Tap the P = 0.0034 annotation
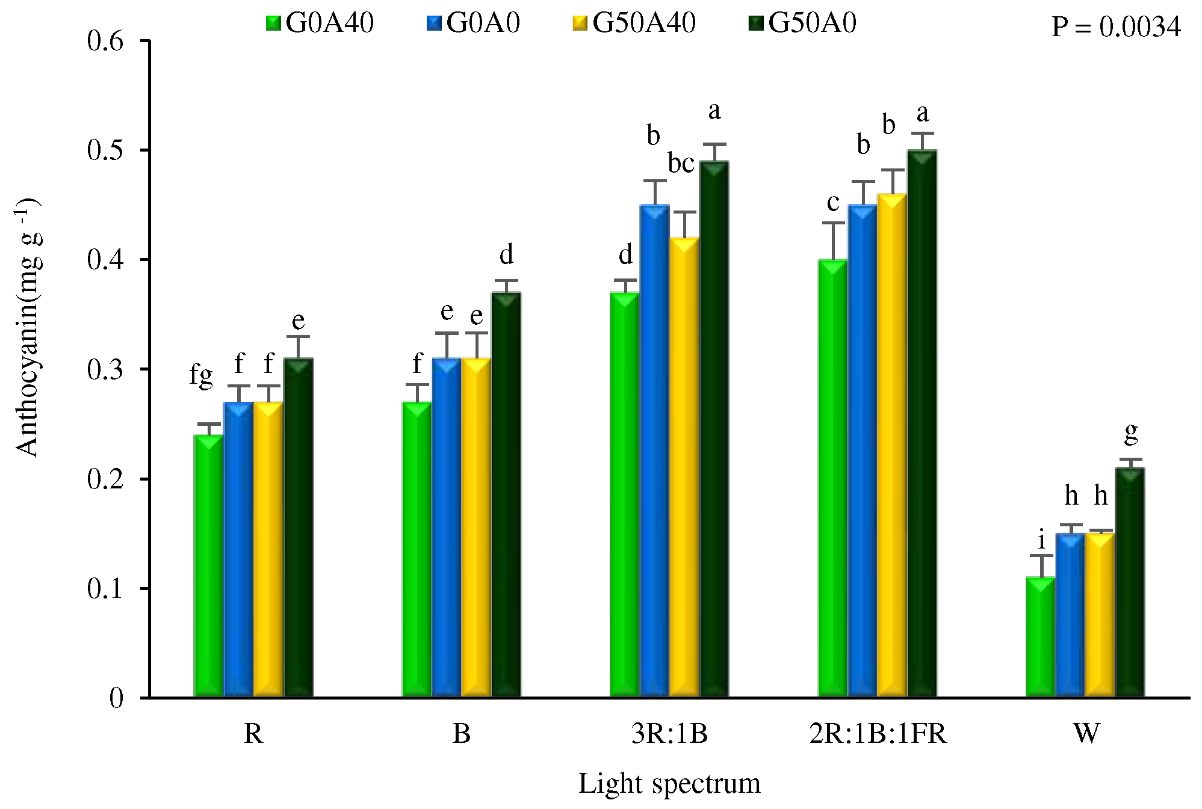click(x=1115, y=27)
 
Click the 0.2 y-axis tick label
click(x=105, y=479)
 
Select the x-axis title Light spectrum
click(x=669, y=784)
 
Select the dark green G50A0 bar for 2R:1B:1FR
click(x=922, y=423)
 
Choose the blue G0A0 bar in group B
click(x=447, y=528)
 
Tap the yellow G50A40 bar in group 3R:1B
click(x=684, y=467)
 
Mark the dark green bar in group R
click(x=299, y=528)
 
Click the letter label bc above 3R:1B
click(x=681, y=164)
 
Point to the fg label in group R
click(x=201, y=376)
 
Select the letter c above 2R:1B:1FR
click(x=833, y=203)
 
